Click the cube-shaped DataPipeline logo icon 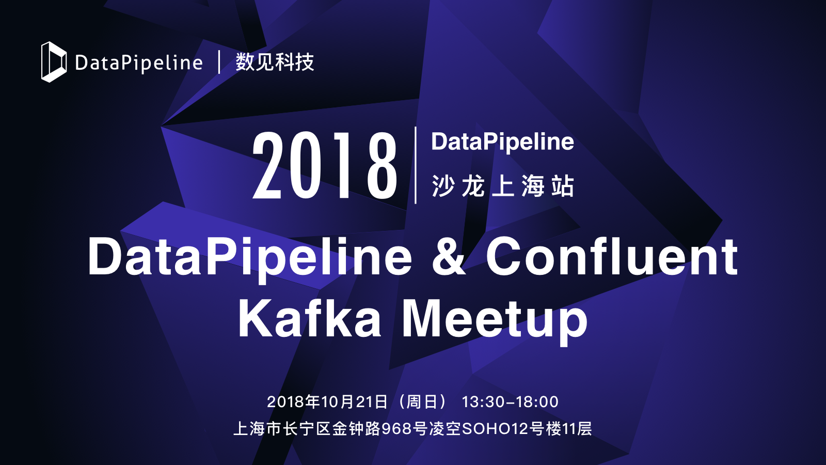[x=54, y=61]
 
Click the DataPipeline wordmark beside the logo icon [x=139, y=63]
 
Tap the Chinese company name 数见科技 [x=275, y=61]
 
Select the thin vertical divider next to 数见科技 [x=219, y=61]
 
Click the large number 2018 [x=325, y=165]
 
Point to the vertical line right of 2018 [x=416, y=165]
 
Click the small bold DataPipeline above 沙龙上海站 [x=503, y=143]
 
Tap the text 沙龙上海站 [x=503, y=185]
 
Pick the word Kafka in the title [x=310, y=318]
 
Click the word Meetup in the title [x=495, y=321]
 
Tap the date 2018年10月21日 [x=327, y=401]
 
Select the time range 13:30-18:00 [x=510, y=402]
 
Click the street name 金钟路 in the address [x=356, y=429]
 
